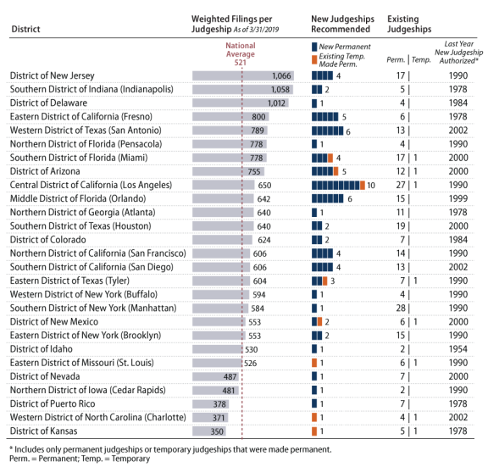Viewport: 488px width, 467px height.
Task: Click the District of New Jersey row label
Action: pos(52,75)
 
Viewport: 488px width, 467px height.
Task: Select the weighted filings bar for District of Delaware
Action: pos(241,103)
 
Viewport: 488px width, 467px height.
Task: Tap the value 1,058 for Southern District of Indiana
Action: pos(280,89)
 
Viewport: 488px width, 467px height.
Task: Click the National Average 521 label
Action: pos(241,54)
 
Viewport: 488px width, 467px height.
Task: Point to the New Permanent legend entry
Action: pos(341,47)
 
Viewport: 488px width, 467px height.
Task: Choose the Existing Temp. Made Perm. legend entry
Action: pos(339,60)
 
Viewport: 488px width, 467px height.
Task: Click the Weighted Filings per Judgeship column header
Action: pos(235,24)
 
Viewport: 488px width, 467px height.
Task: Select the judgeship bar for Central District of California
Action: pos(338,185)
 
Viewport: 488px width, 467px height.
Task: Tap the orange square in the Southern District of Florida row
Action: pos(330,158)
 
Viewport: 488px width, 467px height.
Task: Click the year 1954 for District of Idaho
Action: pos(457,349)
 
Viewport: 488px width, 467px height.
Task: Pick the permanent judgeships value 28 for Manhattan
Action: pos(401,308)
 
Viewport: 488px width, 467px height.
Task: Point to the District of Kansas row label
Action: pos(43,431)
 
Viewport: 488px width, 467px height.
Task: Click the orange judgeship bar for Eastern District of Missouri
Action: pos(314,363)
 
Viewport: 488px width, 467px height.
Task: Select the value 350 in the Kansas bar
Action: pos(217,431)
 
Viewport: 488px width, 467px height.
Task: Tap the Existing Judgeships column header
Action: pos(409,24)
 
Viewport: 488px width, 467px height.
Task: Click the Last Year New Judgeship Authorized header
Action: pos(458,53)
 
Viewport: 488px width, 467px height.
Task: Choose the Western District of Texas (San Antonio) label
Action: pos(86,131)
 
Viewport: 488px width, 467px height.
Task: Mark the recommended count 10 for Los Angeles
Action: pos(371,186)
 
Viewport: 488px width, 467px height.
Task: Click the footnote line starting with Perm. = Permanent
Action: pos(80,459)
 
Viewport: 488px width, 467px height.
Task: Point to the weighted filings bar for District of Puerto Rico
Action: pos(210,403)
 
